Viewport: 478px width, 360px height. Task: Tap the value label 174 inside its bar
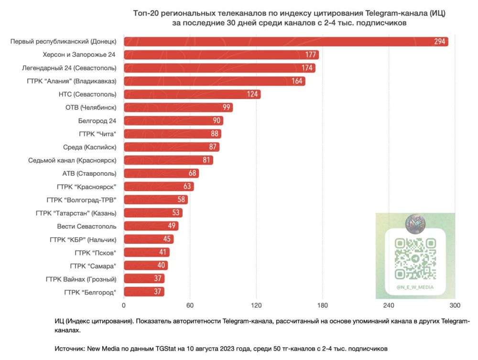point(307,68)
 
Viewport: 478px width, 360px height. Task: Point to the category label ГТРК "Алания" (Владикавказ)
point(72,81)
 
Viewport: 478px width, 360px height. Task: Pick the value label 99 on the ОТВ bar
point(227,108)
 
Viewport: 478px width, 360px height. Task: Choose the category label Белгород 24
point(97,120)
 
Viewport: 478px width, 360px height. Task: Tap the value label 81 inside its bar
point(206,160)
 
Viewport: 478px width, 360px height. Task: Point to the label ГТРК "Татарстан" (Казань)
point(76,213)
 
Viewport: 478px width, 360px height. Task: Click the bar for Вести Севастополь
point(151,226)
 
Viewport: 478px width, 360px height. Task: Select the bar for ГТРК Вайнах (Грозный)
point(144,278)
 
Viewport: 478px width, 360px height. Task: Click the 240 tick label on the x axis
point(389,305)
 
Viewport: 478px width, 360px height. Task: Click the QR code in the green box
point(415,259)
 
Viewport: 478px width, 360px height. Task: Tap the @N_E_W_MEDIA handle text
point(415,287)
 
